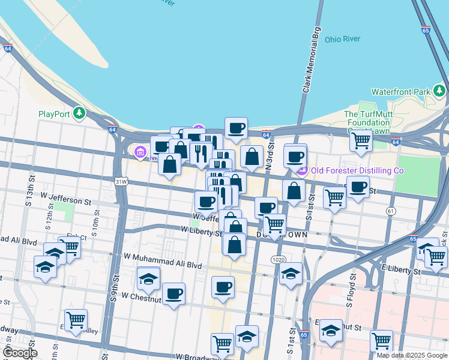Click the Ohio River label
coord(342,39)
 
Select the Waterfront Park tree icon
coord(439,91)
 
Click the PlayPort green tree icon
coord(79,113)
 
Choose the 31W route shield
coord(121,181)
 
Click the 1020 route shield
coord(277,259)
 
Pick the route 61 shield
coord(391,211)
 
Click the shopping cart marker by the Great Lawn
coord(361,140)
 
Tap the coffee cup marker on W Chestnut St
coord(173,293)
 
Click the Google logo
coord(19,353)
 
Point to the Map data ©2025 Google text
coord(412,355)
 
